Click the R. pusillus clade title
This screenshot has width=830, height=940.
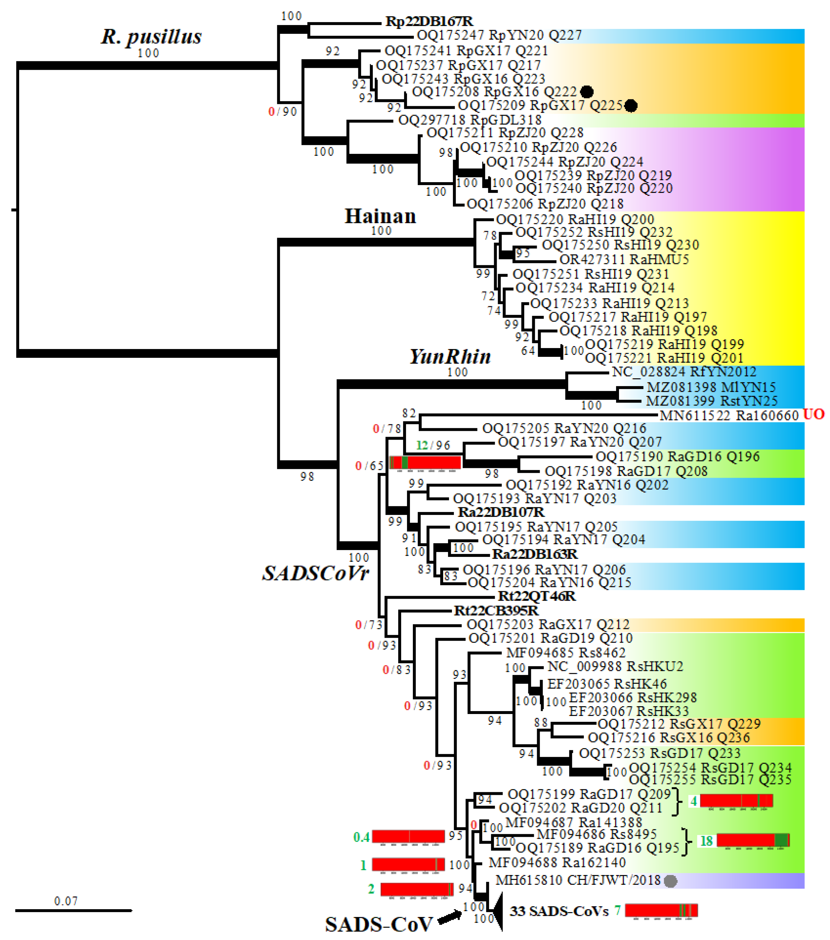pos(151,37)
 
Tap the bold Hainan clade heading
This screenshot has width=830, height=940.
pos(380,216)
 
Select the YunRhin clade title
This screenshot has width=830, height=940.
pos(450,357)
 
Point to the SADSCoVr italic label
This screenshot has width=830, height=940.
pos(316,573)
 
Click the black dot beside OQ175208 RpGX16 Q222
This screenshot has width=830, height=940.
pos(586,92)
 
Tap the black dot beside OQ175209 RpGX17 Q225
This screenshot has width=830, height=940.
pos(631,106)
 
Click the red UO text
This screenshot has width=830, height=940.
pos(813,414)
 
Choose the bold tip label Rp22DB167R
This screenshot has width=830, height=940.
pos(429,21)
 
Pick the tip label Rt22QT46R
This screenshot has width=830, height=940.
pos(537,596)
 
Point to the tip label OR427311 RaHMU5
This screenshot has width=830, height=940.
pos(624,259)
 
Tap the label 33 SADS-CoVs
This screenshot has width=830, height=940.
pos(559,911)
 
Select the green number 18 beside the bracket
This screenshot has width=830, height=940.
pos(706,841)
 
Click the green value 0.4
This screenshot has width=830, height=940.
pos(362,837)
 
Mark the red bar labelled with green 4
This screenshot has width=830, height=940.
pos(736,801)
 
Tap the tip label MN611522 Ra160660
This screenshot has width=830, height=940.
pos(729,415)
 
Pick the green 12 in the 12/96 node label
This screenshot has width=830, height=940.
pos(422,445)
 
